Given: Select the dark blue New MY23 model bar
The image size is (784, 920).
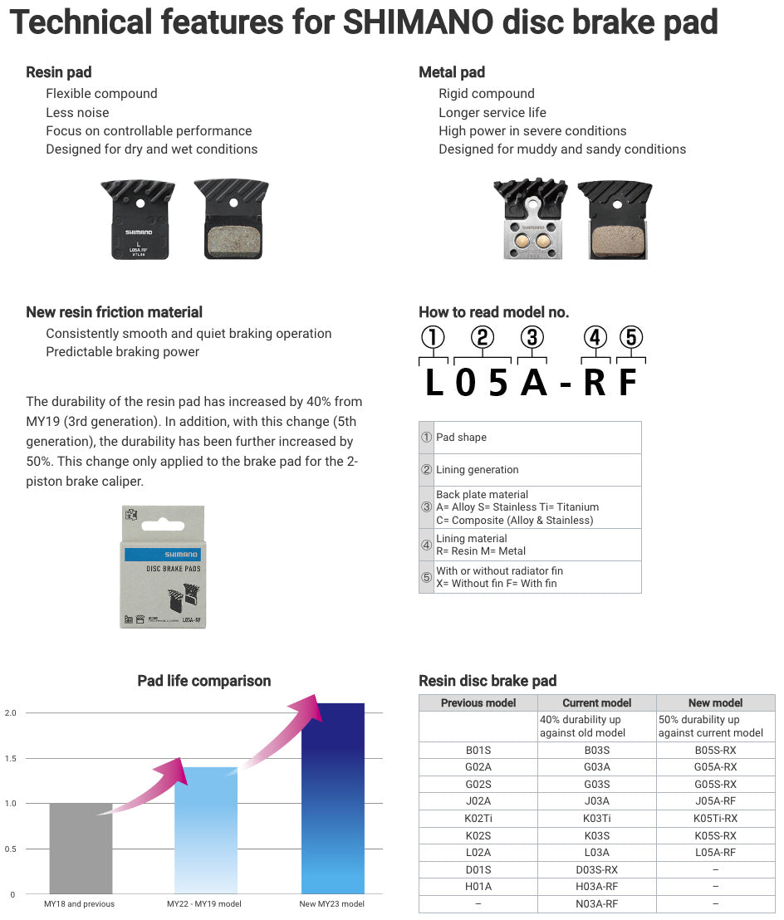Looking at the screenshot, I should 332,798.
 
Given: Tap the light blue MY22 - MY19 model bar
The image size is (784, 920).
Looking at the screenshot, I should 206,830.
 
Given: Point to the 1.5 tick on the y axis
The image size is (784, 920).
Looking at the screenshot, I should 11,758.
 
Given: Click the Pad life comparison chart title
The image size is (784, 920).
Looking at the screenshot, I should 203,681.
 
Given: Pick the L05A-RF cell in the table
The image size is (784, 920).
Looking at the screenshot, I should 715,853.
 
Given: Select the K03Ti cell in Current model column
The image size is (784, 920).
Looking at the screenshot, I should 596,819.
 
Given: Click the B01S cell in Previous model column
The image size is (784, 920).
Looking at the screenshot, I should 478,751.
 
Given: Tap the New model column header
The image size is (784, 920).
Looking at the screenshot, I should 715,702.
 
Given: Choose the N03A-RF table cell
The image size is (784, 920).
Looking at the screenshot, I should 596,903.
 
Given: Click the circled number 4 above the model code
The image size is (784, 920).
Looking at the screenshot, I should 595,338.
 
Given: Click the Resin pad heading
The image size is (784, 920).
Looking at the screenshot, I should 59,72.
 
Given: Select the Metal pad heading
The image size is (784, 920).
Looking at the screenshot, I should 452,72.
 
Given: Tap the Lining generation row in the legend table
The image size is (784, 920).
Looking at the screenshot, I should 477,470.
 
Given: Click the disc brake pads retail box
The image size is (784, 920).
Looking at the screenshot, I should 163,566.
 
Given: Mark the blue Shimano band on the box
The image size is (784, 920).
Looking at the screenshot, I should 163,554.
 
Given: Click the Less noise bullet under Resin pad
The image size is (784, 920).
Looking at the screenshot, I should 77,112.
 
